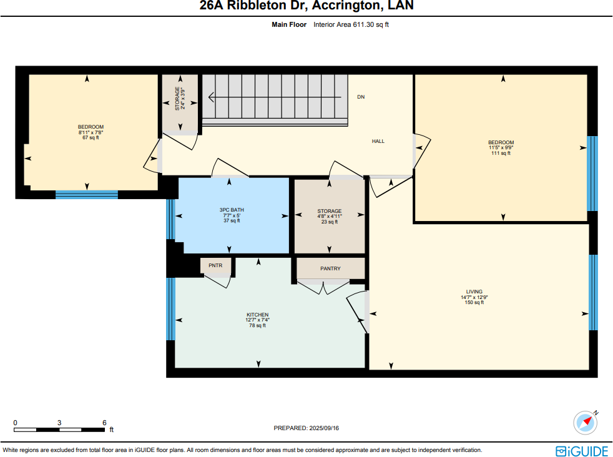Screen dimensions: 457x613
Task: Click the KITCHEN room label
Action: click(x=257, y=315)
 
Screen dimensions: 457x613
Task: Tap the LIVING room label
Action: click(x=474, y=292)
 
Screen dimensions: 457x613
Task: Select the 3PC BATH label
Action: click(x=232, y=210)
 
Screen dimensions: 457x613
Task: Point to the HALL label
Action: click(x=378, y=141)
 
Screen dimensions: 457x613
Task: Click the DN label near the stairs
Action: click(x=360, y=97)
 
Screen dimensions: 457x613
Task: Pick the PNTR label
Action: click(x=215, y=265)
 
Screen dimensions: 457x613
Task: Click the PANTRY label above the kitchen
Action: click(x=330, y=268)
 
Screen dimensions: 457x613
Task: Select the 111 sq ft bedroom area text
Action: click(x=501, y=153)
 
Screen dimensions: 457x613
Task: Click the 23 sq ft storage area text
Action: click(x=329, y=222)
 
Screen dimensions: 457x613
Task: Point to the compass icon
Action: click(x=586, y=423)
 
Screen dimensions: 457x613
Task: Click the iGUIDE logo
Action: click(x=581, y=450)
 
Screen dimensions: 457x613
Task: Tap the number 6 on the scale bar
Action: click(x=104, y=423)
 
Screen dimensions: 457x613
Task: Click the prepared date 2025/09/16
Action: click(x=306, y=428)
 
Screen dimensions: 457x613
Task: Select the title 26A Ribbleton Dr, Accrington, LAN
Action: click(x=306, y=7)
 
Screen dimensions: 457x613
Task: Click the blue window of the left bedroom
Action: click(x=86, y=194)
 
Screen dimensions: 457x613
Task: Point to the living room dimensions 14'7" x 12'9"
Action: click(x=474, y=297)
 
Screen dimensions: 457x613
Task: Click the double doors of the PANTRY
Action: click(x=323, y=287)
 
